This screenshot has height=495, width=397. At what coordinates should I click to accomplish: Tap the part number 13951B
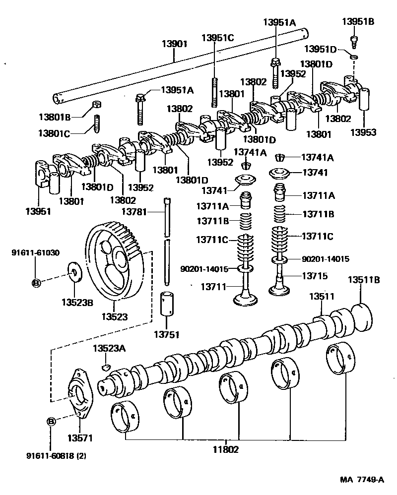click(357, 21)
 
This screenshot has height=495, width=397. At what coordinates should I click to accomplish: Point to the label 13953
click(363, 132)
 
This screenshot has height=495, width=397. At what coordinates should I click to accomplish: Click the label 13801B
click(55, 117)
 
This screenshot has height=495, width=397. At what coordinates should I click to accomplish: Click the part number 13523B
click(77, 302)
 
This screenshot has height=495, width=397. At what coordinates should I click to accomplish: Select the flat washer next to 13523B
click(75, 272)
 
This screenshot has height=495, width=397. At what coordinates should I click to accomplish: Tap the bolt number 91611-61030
click(35, 252)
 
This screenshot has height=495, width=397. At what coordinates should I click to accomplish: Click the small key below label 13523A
click(105, 367)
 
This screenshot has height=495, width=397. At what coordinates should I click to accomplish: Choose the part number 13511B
click(363, 280)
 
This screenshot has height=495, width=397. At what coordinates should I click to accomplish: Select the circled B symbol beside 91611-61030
click(36, 283)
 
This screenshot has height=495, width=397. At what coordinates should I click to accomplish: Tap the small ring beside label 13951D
click(353, 59)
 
